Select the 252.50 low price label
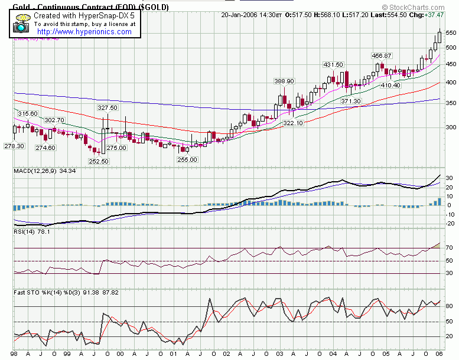99,161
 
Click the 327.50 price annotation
108,108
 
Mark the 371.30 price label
350,102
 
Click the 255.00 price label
188,159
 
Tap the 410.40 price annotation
390,86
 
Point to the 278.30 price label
14,146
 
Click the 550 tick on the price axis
451,32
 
